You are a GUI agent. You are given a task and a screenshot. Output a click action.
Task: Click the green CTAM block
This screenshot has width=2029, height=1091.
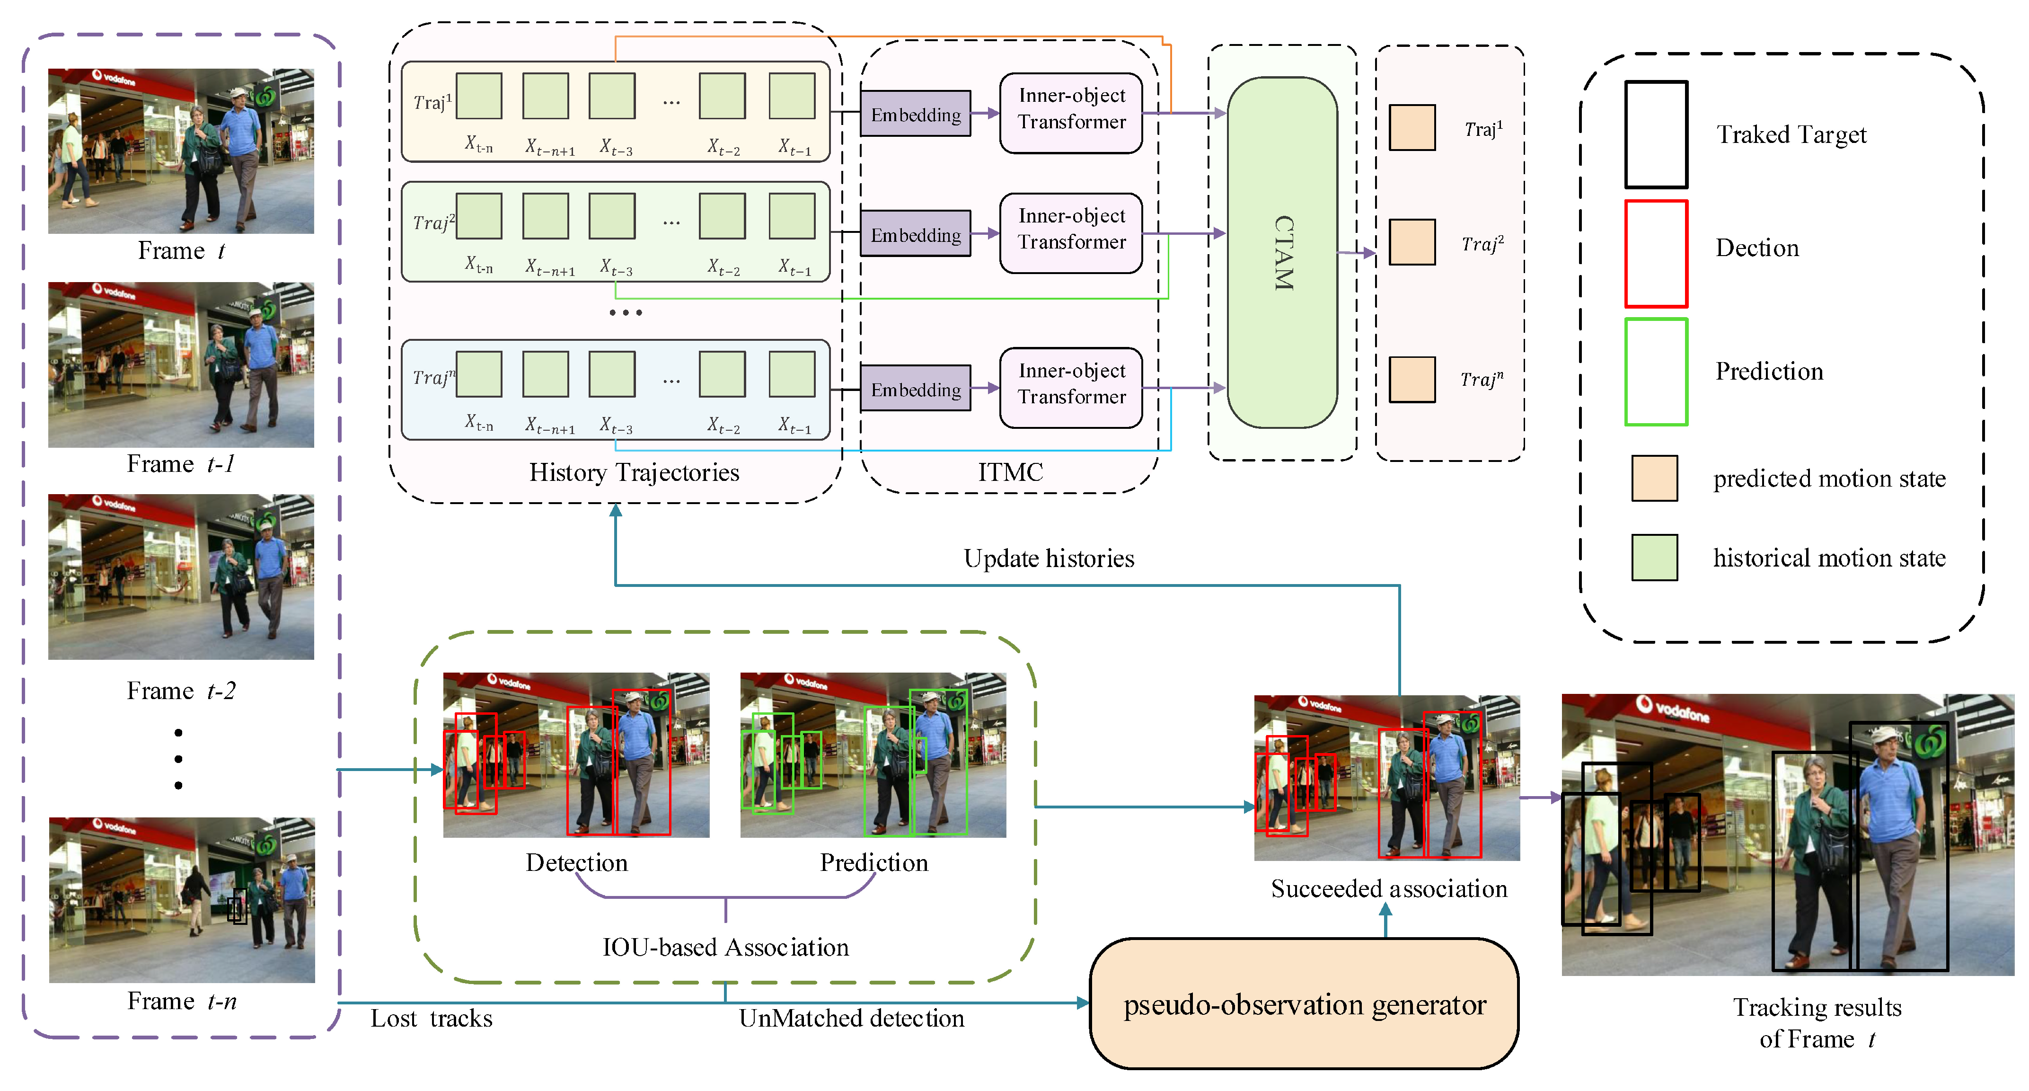(1282, 252)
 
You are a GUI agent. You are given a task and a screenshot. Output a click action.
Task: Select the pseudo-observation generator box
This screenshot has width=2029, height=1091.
(1305, 1003)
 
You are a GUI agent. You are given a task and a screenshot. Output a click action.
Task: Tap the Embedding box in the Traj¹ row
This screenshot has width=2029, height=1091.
(915, 114)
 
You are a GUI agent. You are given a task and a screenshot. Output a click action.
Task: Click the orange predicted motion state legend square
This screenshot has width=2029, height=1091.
(1655, 478)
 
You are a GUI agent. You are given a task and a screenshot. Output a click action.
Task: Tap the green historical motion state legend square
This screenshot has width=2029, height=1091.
(1655, 558)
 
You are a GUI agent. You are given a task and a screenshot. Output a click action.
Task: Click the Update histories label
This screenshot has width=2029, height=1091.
(1049, 559)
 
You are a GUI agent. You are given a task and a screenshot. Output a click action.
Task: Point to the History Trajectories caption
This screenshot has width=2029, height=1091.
(634, 473)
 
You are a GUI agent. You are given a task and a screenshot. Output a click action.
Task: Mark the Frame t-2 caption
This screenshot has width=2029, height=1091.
(181, 691)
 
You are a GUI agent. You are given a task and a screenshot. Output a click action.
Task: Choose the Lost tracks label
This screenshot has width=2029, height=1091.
(432, 1019)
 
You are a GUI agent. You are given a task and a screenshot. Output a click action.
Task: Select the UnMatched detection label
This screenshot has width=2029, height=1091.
(851, 1019)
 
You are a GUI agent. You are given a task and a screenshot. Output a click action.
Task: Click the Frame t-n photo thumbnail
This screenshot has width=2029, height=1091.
(182, 900)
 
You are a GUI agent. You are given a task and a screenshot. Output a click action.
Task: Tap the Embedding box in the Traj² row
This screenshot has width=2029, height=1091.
(915, 233)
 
